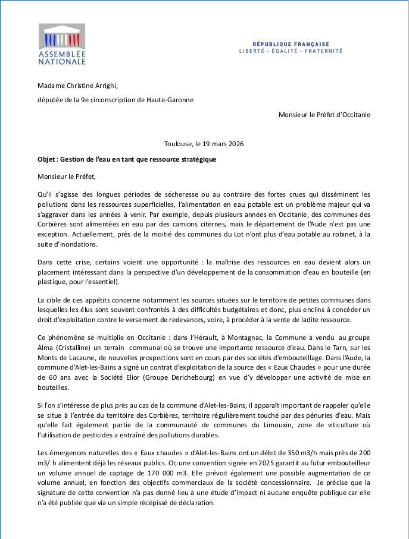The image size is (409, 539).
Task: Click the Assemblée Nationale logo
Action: point(62,44)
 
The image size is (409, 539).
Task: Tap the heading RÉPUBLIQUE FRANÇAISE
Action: point(291,45)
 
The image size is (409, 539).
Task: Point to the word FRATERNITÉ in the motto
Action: point(323,51)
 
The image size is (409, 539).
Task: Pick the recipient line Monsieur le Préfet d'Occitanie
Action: point(324,114)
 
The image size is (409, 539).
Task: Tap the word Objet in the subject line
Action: point(47,160)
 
